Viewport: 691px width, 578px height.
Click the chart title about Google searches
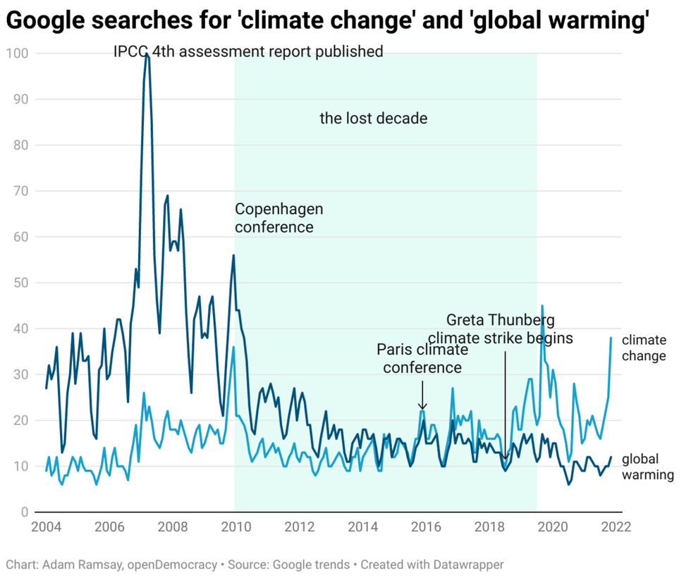(327, 22)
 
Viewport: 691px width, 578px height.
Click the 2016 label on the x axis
(424, 527)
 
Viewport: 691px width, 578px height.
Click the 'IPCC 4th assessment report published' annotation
(248, 51)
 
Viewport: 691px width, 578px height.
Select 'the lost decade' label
(373, 118)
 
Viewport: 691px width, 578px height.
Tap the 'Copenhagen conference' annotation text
(279, 218)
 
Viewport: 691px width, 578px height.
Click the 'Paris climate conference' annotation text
(422, 358)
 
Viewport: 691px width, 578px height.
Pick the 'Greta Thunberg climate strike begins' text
(501, 328)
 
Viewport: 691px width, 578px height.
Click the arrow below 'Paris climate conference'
(422, 395)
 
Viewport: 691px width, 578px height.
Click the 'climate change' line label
(643, 348)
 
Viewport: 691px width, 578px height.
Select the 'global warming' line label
(647, 467)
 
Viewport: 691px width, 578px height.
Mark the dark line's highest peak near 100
(147, 55)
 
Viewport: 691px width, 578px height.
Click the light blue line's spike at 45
(542, 306)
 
